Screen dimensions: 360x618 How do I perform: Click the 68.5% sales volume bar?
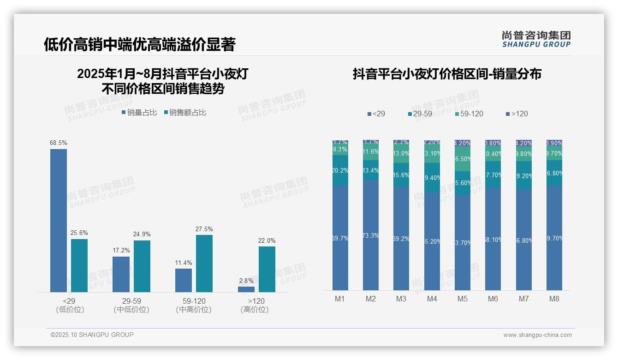pyautogui.click(x=59, y=221)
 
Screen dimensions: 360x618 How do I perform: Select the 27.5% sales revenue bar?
pyautogui.click(x=204, y=264)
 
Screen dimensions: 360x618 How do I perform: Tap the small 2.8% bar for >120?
pyautogui.click(x=246, y=289)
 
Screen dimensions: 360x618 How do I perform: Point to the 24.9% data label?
pyautogui.click(x=142, y=234)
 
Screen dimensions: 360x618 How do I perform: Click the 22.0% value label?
pyautogui.click(x=267, y=240)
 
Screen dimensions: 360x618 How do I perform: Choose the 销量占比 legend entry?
pyautogui.click(x=139, y=113)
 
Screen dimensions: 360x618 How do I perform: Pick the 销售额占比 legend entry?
pyautogui.click(x=185, y=113)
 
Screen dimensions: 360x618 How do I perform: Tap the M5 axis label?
pyautogui.click(x=463, y=299)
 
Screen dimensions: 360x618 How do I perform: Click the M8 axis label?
pyautogui.click(x=554, y=299)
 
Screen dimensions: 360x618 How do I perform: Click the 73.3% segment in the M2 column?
pyautogui.click(x=371, y=235)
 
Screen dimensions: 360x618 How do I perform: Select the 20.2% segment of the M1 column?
pyautogui.click(x=340, y=170)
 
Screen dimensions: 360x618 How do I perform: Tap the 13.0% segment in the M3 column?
pyautogui.click(x=401, y=154)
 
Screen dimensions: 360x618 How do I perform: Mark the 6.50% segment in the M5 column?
pyautogui.click(x=463, y=159)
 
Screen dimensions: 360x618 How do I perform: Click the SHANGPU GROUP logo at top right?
pyautogui.click(x=536, y=39)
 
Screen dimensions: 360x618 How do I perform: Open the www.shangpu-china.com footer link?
pyautogui.click(x=537, y=335)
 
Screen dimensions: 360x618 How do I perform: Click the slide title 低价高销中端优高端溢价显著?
pyautogui.click(x=140, y=44)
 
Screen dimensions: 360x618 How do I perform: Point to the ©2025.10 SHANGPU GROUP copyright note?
pyautogui.click(x=92, y=335)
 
